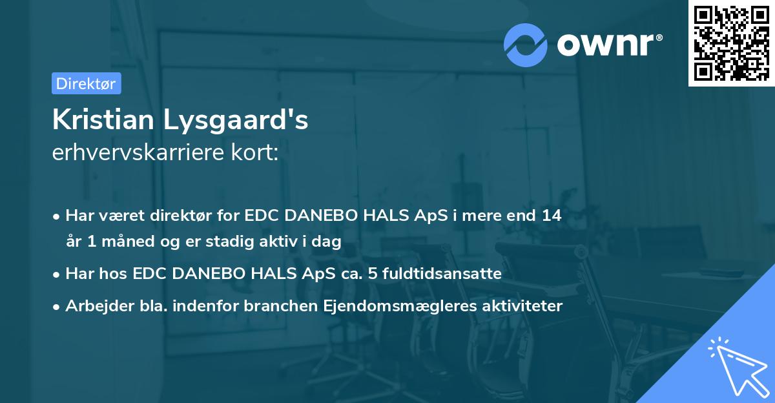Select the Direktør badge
pyautogui.click(x=86, y=83)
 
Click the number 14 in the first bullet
pyautogui.click(x=552, y=215)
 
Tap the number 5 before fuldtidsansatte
pyautogui.click(x=374, y=274)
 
